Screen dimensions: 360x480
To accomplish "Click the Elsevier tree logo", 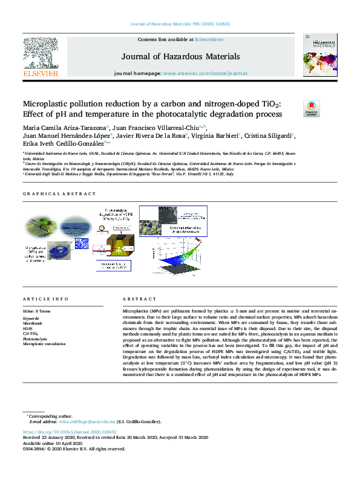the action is point(41,57).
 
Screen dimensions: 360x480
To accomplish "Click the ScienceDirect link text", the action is point(209,39).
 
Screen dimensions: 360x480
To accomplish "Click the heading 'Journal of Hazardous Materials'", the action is point(180,57).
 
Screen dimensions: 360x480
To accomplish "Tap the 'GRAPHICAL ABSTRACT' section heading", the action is point(59,194).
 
